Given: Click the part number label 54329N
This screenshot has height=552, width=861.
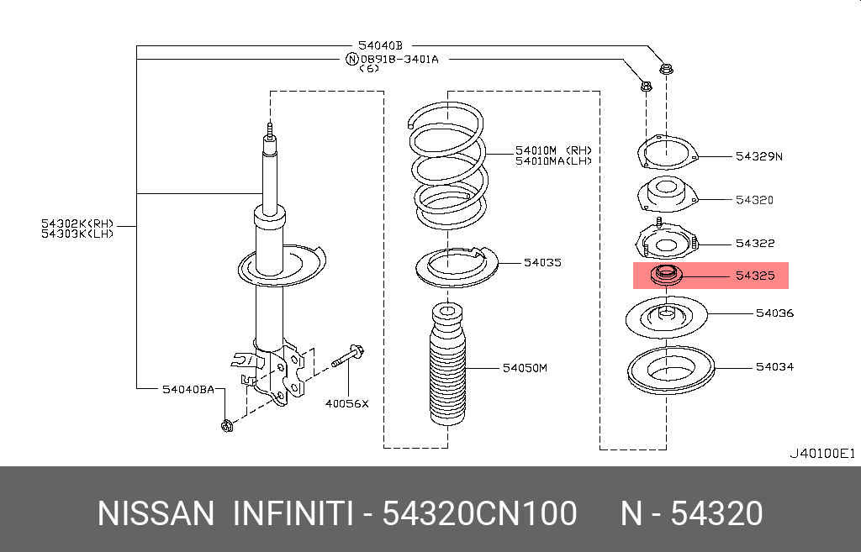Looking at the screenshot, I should (x=758, y=156).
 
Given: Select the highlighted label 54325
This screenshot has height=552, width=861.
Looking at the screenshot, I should (x=754, y=275).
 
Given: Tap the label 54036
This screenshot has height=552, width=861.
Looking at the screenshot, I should (x=774, y=313).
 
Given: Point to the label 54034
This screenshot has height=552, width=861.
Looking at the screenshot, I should (x=774, y=367).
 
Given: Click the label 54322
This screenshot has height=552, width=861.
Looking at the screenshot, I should (x=754, y=244).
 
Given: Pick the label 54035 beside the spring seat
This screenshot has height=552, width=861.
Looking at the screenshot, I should (x=542, y=263).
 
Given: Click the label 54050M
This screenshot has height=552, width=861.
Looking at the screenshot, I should (x=525, y=368).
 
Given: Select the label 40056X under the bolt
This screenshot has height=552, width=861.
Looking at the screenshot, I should (x=347, y=403).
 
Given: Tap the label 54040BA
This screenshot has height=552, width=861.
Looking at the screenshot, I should (x=188, y=389).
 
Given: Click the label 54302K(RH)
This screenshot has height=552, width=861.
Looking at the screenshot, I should (x=77, y=223).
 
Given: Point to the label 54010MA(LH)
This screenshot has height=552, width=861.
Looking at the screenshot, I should (x=553, y=160).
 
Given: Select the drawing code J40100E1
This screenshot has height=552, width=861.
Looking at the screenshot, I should (x=821, y=454).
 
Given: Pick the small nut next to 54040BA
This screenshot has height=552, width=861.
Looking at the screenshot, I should (x=226, y=426).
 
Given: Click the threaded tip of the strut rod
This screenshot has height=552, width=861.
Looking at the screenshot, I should (x=269, y=130).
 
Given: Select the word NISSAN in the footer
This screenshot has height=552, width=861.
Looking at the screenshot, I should (x=156, y=513).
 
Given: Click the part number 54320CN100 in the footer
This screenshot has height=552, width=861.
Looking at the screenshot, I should (x=479, y=513).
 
